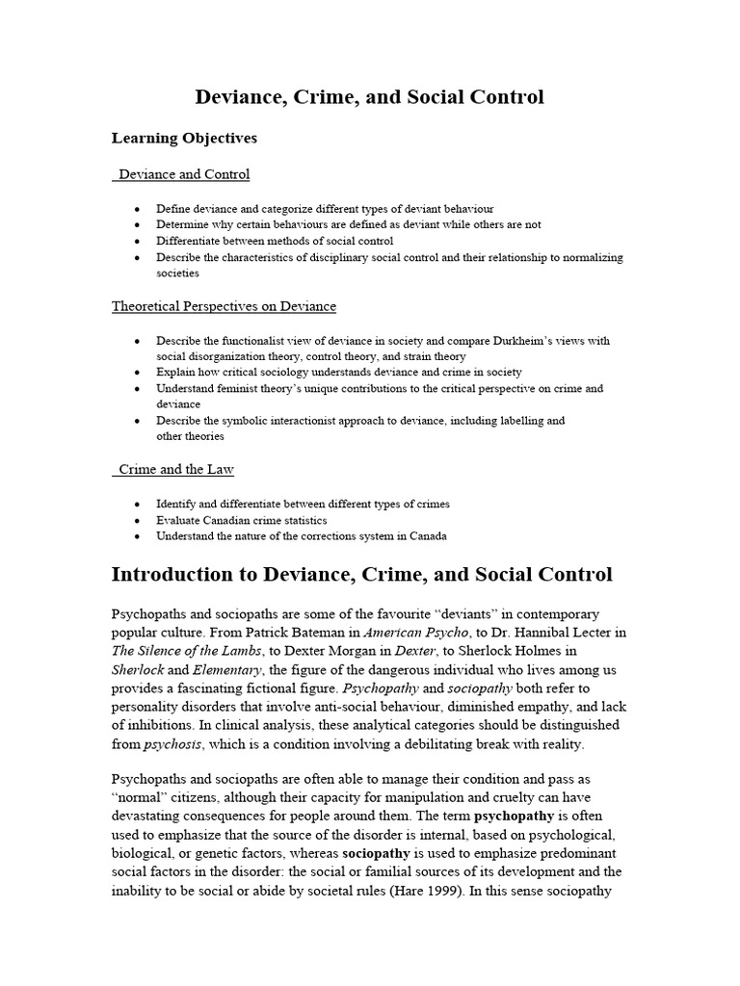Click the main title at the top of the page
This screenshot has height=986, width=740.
(x=370, y=97)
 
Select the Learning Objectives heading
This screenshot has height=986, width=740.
(x=184, y=138)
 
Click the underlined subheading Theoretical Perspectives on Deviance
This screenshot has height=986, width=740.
(x=224, y=306)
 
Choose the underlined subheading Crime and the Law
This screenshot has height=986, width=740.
(x=176, y=469)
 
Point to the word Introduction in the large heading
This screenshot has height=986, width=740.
(x=174, y=575)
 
